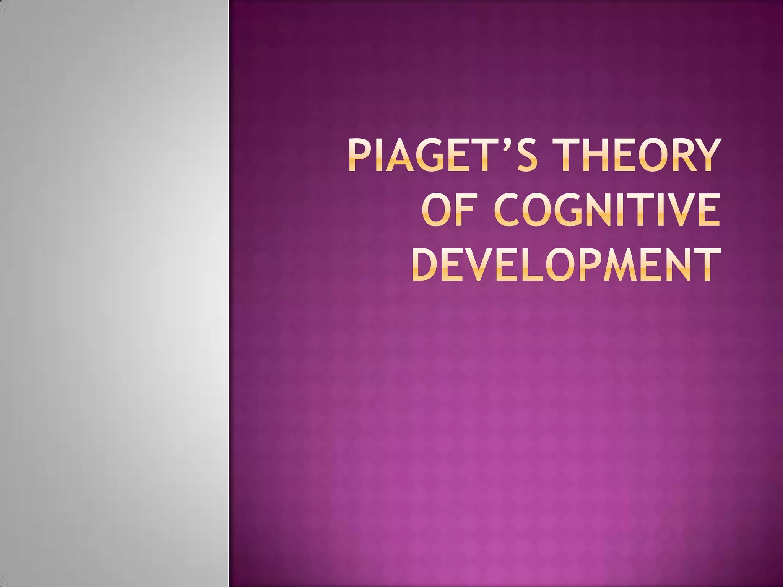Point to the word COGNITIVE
tap(607, 210)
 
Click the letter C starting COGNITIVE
tap(508, 210)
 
